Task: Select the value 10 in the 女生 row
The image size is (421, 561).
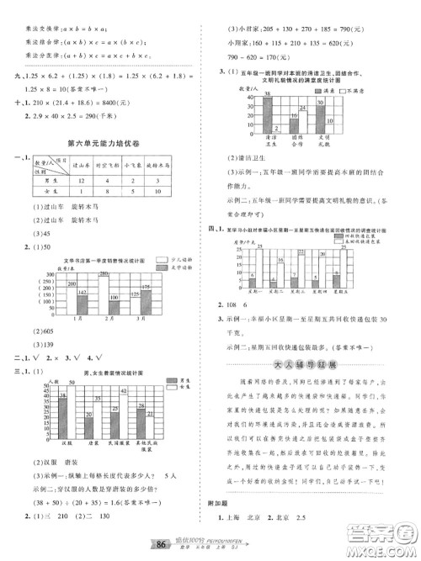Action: tap(161, 192)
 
